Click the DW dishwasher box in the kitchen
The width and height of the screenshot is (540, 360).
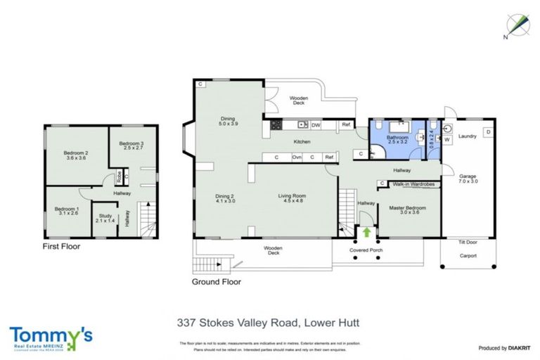click(316, 125)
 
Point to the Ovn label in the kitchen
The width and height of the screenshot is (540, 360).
click(297, 157)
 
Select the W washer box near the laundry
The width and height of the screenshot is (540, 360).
click(446, 139)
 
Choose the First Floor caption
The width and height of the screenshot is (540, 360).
click(60, 247)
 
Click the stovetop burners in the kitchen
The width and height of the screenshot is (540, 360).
click(276, 125)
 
